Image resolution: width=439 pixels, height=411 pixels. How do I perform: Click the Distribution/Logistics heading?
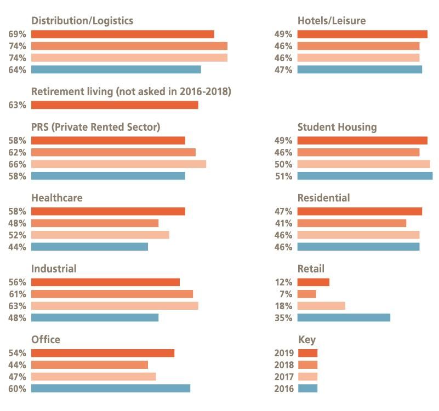click(x=82, y=21)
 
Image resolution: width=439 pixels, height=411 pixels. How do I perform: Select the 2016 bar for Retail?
click(x=343, y=317)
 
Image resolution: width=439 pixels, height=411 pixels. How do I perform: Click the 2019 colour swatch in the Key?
click(x=307, y=353)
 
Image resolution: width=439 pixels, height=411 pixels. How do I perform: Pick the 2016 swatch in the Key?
click(x=307, y=389)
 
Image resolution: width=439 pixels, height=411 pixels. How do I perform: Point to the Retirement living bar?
click(x=115, y=105)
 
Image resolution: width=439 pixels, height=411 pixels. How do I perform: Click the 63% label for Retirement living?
click(x=17, y=105)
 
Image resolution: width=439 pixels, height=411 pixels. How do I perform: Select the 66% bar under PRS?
click(x=118, y=164)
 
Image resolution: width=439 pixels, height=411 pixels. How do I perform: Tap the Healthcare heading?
click(x=57, y=198)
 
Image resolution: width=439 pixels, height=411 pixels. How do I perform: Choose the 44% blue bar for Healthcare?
click(x=89, y=247)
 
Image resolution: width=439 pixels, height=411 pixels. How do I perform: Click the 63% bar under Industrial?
click(x=115, y=306)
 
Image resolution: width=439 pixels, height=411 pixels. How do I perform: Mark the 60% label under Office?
click(x=17, y=389)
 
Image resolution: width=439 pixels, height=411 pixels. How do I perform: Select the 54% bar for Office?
click(x=102, y=353)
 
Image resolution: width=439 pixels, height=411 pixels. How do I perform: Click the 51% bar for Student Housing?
click(x=364, y=176)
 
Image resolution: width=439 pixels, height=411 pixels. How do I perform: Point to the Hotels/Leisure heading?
click(x=331, y=21)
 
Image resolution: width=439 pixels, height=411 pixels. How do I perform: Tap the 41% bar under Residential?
click(x=351, y=223)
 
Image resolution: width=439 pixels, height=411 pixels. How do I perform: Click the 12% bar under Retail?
click(x=313, y=282)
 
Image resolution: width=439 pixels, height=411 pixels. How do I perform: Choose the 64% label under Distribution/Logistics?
click(x=17, y=70)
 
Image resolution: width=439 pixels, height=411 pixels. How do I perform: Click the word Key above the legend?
click(x=306, y=340)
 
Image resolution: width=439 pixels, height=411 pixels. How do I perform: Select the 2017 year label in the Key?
click(x=283, y=377)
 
